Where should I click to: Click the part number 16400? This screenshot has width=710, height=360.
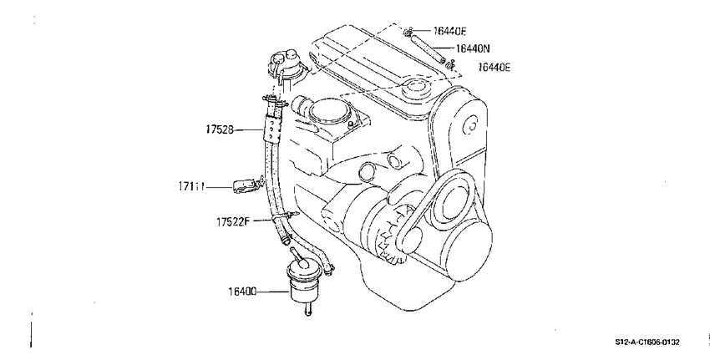click(242, 292)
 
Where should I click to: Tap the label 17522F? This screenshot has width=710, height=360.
click(233, 222)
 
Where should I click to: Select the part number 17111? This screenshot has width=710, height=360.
click(191, 186)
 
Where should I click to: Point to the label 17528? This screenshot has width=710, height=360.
click(220, 130)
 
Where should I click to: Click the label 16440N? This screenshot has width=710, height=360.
click(472, 48)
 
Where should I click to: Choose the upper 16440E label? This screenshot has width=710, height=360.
click(449, 31)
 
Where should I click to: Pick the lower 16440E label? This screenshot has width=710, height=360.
click(494, 68)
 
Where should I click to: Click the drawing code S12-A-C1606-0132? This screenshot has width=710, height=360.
click(647, 342)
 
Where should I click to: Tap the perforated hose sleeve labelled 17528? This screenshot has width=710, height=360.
click(271, 129)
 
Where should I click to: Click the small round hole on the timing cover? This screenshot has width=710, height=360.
click(472, 124)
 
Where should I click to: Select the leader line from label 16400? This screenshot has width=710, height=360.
click(272, 292)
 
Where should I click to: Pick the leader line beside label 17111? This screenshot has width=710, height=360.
click(219, 186)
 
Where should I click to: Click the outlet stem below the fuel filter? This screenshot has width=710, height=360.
click(308, 309)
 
